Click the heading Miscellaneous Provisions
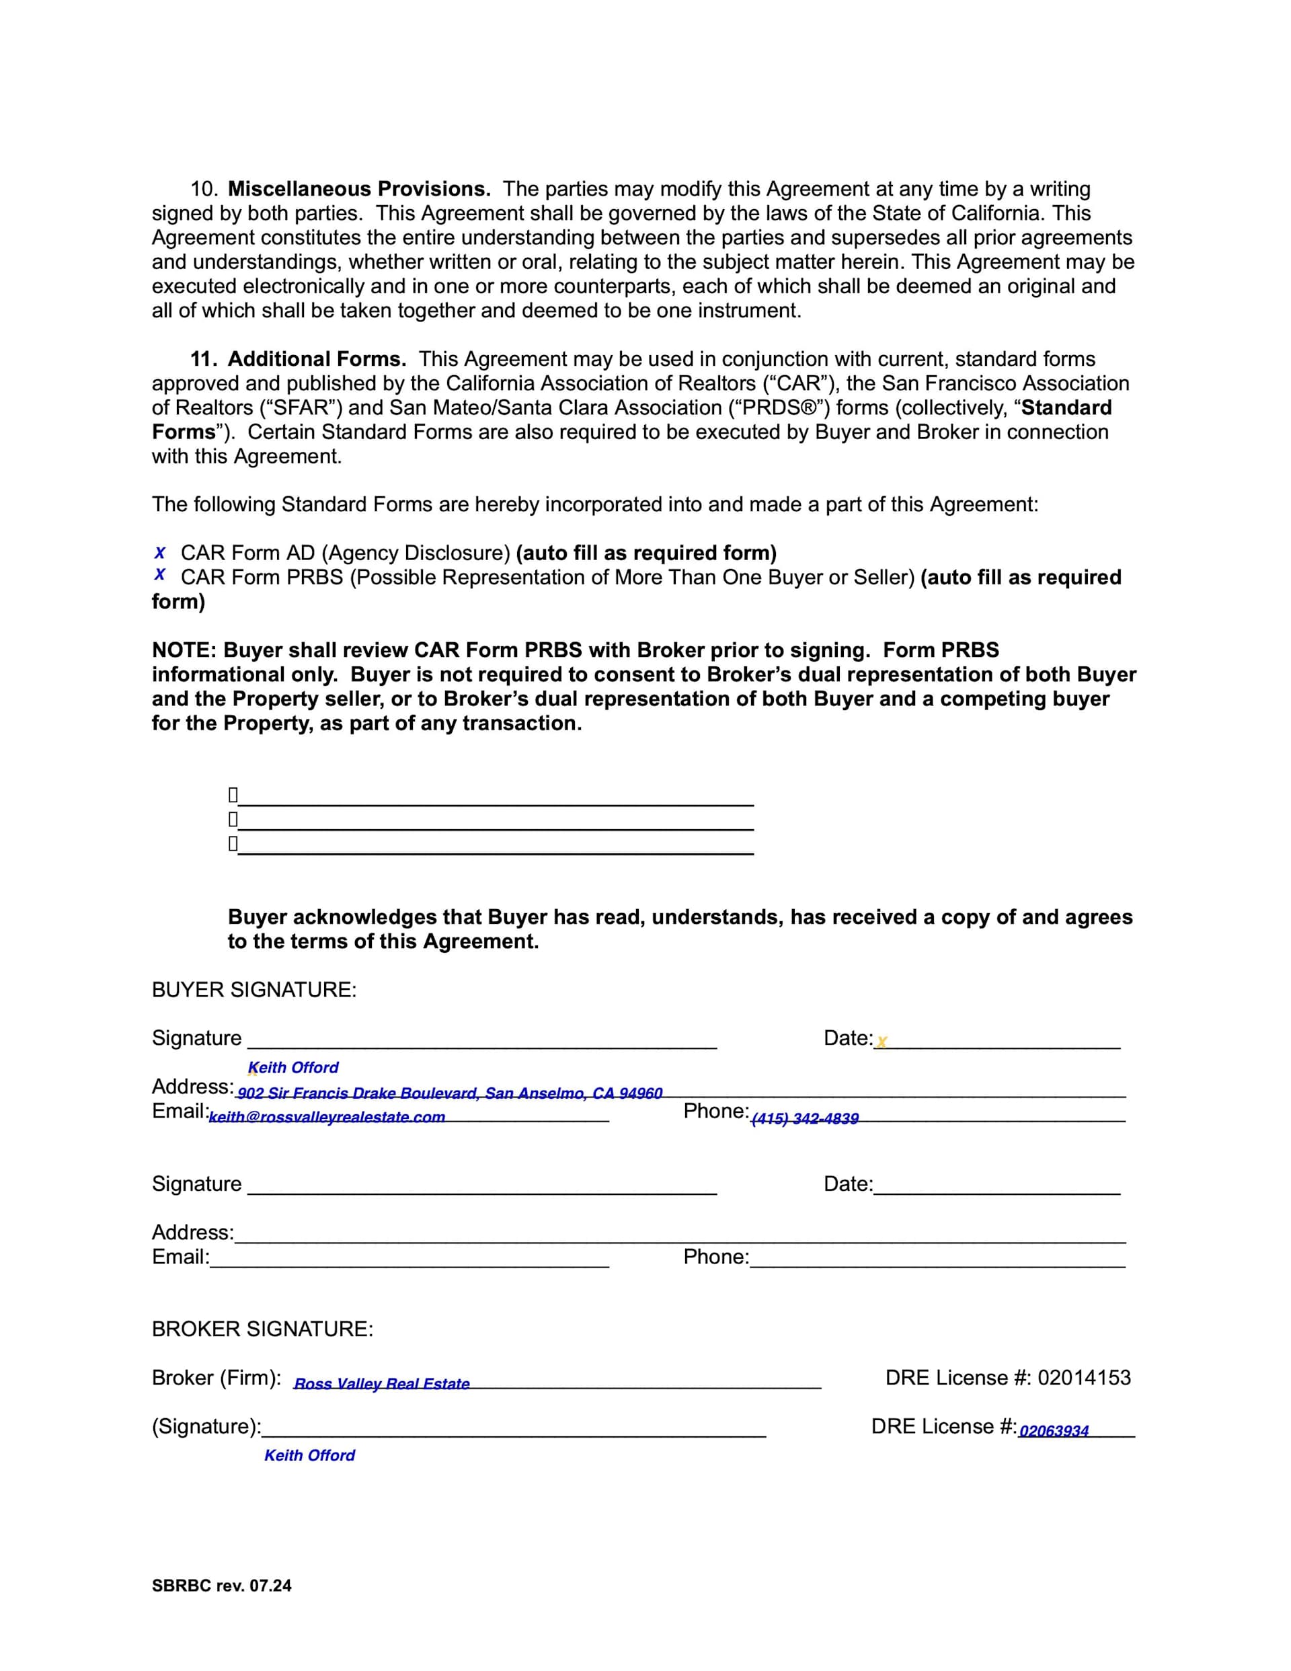click(x=359, y=189)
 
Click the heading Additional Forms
click(x=316, y=359)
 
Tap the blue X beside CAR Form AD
click(x=160, y=553)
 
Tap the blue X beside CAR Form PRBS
click(x=160, y=575)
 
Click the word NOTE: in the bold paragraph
click(x=184, y=650)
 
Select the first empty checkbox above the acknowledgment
click(x=233, y=795)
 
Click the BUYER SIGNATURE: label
click(x=254, y=990)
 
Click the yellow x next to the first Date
click(x=882, y=1042)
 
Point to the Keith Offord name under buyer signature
click(x=293, y=1067)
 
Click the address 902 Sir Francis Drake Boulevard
click(x=449, y=1093)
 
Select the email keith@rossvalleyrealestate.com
click(x=327, y=1117)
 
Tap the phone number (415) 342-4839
click(x=805, y=1118)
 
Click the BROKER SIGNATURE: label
click(x=262, y=1329)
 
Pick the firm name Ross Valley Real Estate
click(x=382, y=1383)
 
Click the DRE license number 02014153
click(x=1084, y=1378)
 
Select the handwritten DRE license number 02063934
click(x=1054, y=1431)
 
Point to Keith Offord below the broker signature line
click(x=309, y=1455)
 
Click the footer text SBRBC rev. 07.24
click(x=221, y=1586)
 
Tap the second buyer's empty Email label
click(x=181, y=1257)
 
